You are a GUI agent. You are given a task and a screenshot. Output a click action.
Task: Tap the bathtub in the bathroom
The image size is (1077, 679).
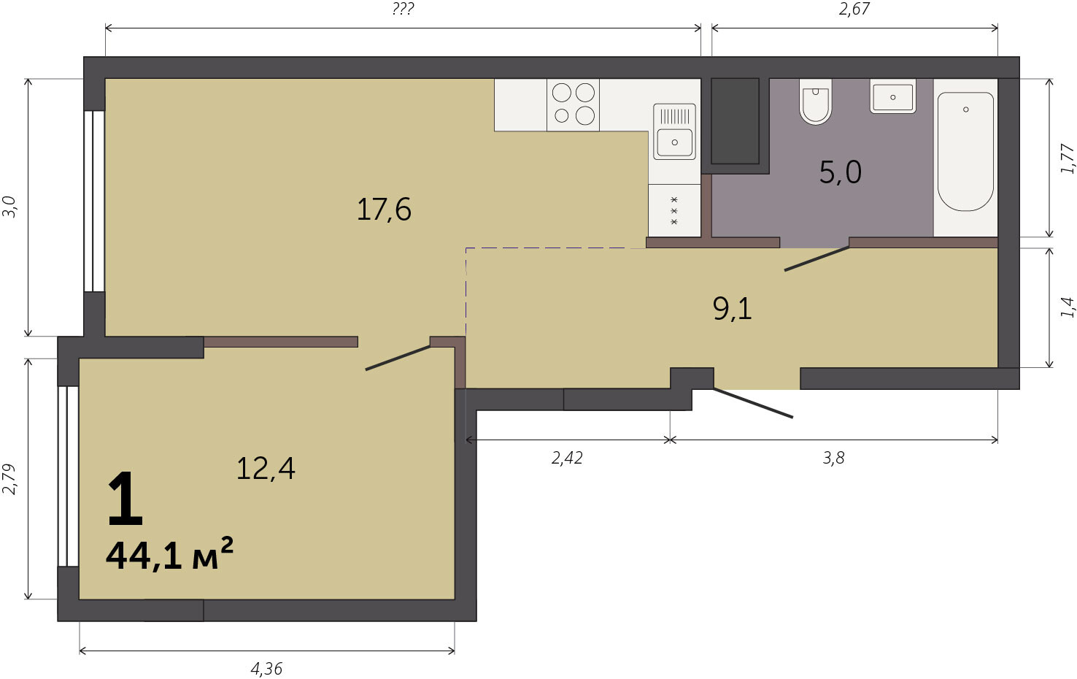(x=965, y=152)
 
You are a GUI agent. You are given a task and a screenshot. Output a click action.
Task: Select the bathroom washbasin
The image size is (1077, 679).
(x=892, y=96)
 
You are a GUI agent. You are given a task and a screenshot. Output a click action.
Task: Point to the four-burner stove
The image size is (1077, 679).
(x=573, y=105)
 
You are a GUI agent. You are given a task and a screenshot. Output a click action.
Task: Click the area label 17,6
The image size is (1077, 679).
(x=384, y=210)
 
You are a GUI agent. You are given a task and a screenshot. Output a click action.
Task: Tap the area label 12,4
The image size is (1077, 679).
(x=266, y=469)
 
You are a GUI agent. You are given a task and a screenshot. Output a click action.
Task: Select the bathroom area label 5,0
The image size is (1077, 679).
(x=841, y=173)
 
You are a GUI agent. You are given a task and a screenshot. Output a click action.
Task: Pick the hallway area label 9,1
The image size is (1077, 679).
(x=732, y=309)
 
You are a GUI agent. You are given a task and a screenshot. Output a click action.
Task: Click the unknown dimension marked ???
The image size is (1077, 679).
(x=403, y=9)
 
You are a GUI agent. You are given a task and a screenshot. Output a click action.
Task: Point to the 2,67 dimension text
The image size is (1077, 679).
(x=854, y=9)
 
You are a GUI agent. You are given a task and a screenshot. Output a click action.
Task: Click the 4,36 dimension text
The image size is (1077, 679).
(x=266, y=668)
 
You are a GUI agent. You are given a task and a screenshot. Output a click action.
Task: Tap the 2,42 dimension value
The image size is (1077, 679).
(x=567, y=458)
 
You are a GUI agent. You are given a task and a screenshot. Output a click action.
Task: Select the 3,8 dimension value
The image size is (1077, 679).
(x=833, y=458)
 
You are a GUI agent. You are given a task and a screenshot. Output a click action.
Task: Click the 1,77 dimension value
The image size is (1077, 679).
(x=1067, y=159)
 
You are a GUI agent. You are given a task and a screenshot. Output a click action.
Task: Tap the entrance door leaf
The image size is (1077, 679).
(x=753, y=403)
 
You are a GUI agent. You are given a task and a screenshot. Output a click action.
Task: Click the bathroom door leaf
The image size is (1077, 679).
(x=817, y=258)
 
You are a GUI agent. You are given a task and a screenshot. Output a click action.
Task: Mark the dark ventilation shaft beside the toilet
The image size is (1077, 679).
(x=736, y=121)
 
